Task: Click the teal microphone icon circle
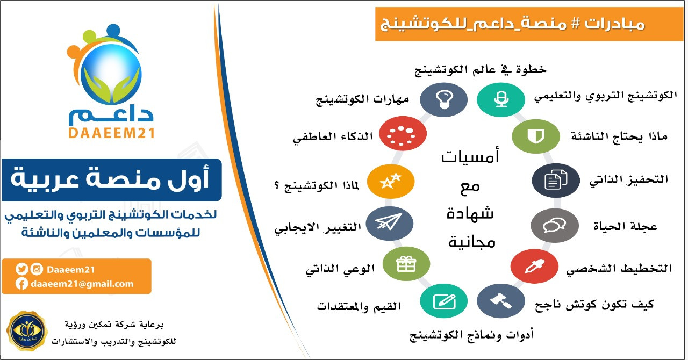[x=501, y=99]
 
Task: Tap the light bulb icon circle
[x=444, y=99]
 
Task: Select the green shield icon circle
[x=536, y=136]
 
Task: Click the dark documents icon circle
[x=556, y=181]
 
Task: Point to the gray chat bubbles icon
[x=555, y=226]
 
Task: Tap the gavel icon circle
[x=501, y=301]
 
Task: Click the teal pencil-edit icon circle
[x=444, y=301]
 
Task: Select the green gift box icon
[x=406, y=264]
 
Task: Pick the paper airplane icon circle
[x=390, y=224]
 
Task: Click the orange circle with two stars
[x=391, y=181]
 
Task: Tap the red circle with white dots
[x=403, y=133]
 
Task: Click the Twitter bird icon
[x=22, y=269]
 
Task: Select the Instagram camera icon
[x=37, y=269]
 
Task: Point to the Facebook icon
[x=22, y=284]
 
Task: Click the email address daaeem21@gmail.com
[x=82, y=284]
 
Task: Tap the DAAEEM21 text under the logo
[x=111, y=133]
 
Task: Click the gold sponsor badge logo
[x=27, y=331]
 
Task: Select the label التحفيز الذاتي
[x=629, y=180]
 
